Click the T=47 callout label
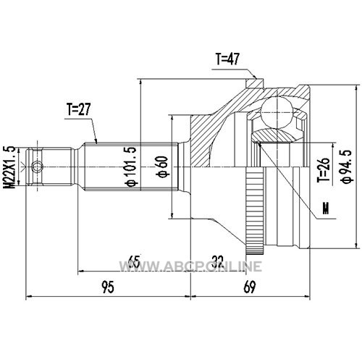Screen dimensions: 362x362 pyautogui.click(x=227, y=59)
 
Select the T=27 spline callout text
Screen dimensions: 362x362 pyautogui.click(x=79, y=109)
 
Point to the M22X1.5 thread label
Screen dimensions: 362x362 pyautogui.click(x=9, y=167)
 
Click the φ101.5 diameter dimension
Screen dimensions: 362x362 pyautogui.click(x=131, y=167)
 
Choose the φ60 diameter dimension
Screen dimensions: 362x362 pyautogui.click(x=163, y=167)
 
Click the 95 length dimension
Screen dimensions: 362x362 pyautogui.click(x=108, y=287)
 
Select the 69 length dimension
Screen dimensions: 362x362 pyautogui.click(x=249, y=287)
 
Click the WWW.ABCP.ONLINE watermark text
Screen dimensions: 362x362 pyautogui.click(x=190, y=266)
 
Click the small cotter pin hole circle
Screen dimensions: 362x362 pyautogui.click(x=37, y=167)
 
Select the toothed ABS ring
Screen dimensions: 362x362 pyautogui.click(x=255, y=211)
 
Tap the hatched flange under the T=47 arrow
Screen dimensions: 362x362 pyautogui.click(x=255, y=83)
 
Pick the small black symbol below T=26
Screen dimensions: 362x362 pyautogui.click(x=326, y=209)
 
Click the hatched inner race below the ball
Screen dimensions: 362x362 pyautogui.click(x=274, y=135)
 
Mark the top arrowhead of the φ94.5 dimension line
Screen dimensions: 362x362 pyautogui.click(x=356, y=88)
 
